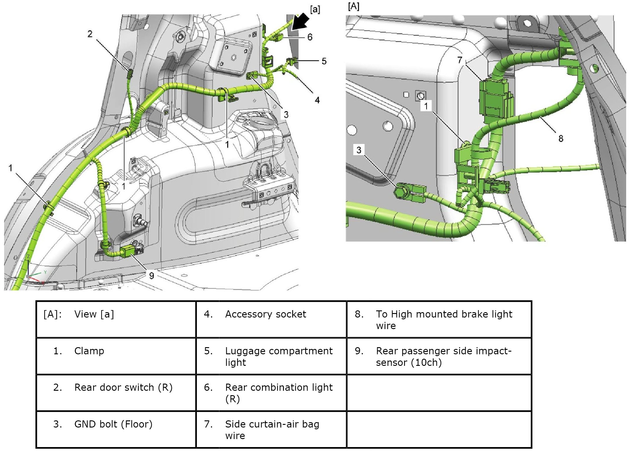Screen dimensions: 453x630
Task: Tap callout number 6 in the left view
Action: pyautogui.click(x=310, y=37)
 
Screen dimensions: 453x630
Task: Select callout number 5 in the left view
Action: pyautogui.click(x=324, y=61)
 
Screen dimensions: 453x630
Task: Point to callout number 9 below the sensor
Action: pyautogui.click(x=152, y=276)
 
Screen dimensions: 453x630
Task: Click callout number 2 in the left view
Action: pyautogui.click(x=90, y=34)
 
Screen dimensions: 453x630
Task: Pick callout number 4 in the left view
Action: pyautogui.click(x=317, y=100)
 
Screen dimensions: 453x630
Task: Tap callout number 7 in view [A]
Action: pyautogui.click(x=459, y=60)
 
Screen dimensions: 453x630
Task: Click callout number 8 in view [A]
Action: pyautogui.click(x=561, y=138)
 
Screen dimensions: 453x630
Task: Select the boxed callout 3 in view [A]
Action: pyautogui.click(x=359, y=150)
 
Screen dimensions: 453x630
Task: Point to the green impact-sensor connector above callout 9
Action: pyautogui.click(x=129, y=251)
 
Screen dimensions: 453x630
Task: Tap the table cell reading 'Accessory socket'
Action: pyautogui.click(x=266, y=314)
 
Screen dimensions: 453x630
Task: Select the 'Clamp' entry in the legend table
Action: pyautogui.click(x=89, y=351)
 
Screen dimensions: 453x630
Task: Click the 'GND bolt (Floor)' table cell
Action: pyautogui.click(x=113, y=424)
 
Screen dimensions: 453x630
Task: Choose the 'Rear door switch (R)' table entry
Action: pyautogui.click(x=123, y=387)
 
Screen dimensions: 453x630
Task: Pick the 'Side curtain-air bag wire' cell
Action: pyautogui.click(x=272, y=430)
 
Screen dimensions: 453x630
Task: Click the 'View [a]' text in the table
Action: pyautogui.click(x=94, y=314)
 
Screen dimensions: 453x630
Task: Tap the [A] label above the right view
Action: pyautogui.click(x=353, y=6)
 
